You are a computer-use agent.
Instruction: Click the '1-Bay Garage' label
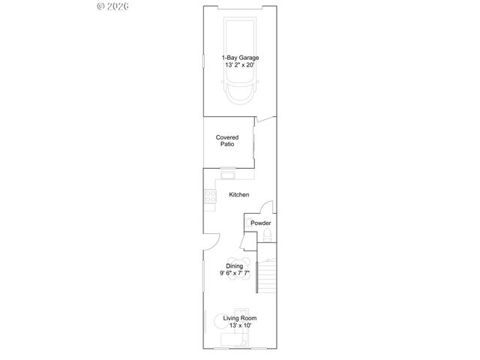click(x=240, y=58)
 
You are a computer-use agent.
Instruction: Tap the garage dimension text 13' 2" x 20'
click(x=240, y=65)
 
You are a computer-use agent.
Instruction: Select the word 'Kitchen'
click(x=239, y=195)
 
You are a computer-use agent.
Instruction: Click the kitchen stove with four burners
click(x=209, y=197)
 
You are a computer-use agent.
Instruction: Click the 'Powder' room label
click(x=260, y=223)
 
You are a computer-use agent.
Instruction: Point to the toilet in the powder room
click(x=265, y=238)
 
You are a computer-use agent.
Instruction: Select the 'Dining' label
click(x=235, y=266)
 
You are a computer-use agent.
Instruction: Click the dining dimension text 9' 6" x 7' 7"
click(x=235, y=274)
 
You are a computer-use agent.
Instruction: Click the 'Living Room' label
click(x=240, y=319)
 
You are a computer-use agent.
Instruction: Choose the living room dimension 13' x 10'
click(x=240, y=326)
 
